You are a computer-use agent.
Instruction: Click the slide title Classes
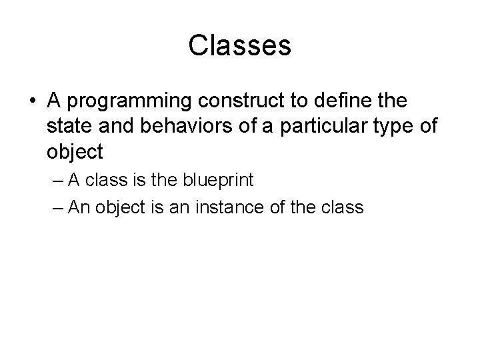point(239,45)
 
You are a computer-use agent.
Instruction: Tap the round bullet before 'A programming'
point(33,101)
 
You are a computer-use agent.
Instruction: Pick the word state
point(69,127)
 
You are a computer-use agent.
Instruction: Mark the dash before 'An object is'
point(58,207)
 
